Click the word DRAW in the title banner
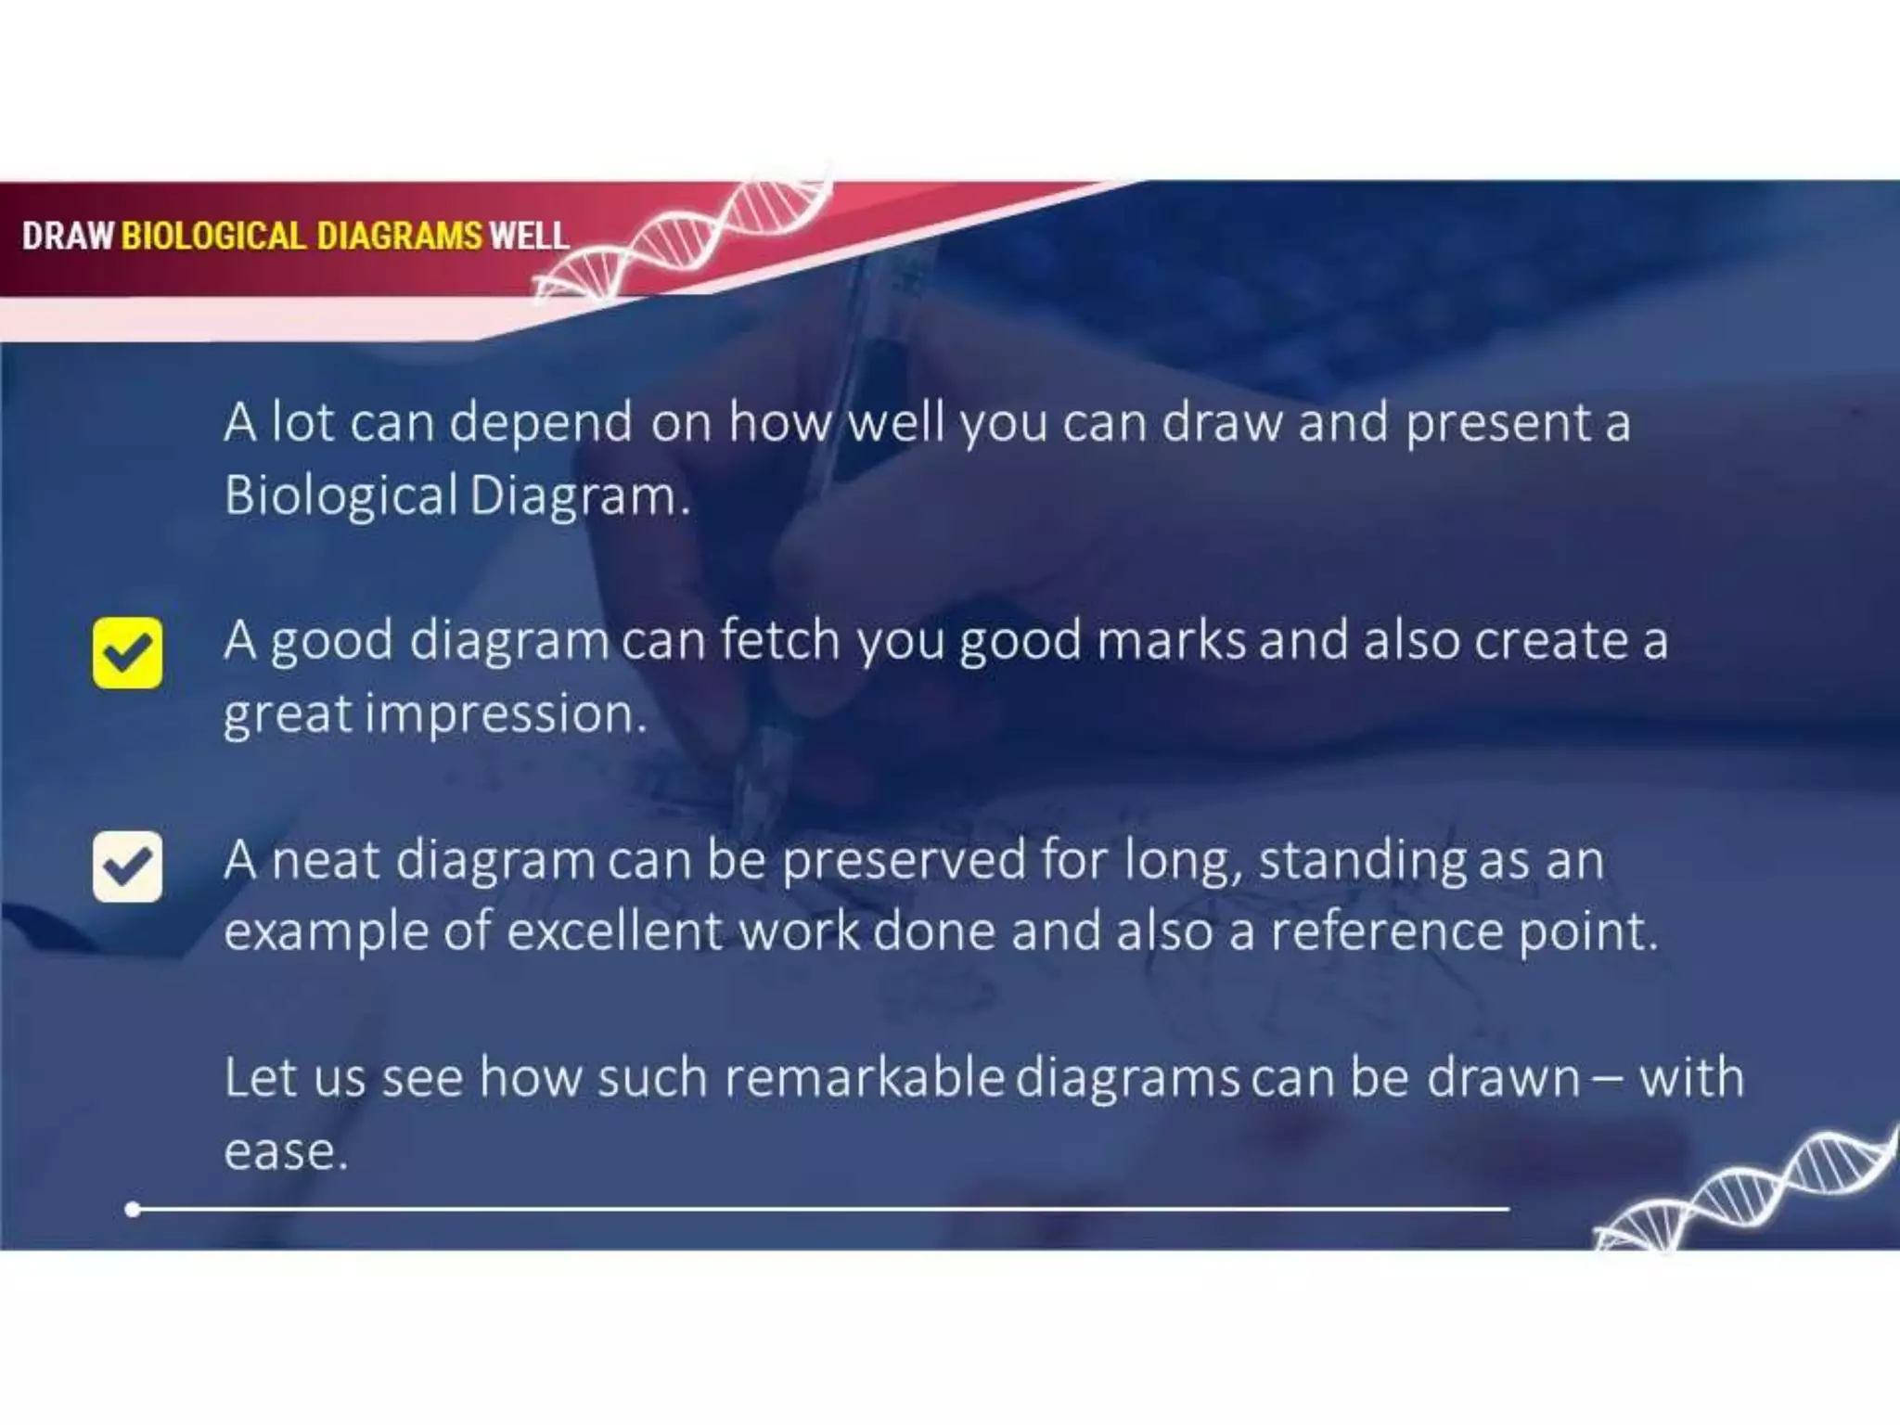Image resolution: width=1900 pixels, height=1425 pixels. (68, 236)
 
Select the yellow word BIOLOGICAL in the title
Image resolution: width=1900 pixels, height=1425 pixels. (213, 236)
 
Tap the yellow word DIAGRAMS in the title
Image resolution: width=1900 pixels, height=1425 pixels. (399, 236)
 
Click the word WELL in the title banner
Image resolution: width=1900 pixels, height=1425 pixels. (529, 236)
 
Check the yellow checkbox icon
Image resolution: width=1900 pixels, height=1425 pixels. (127, 652)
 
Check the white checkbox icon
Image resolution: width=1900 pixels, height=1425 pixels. (127, 867)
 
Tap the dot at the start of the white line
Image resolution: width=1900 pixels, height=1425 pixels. (133, 1209)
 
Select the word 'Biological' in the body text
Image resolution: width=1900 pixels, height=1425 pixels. (340, 496)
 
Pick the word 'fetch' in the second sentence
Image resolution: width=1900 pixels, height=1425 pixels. (779, 640)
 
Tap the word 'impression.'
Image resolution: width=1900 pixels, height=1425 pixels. (506, 714)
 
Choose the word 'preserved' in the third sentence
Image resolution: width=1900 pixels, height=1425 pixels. (903, 861)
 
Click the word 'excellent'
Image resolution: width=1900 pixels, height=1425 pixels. (613, 931)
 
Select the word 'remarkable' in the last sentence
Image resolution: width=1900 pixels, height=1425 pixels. (864, 1078)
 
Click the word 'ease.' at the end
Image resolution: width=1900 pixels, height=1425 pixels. (286, 1152)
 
